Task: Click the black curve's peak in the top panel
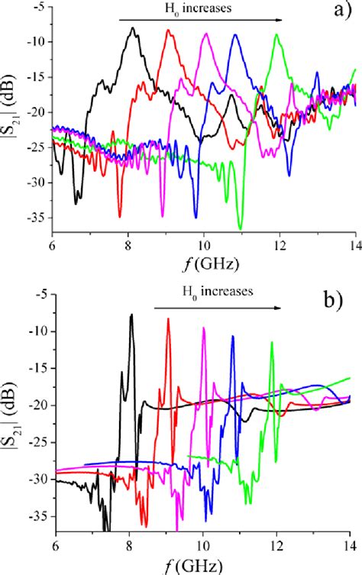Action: (134, 28)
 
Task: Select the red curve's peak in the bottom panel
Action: (168, 319)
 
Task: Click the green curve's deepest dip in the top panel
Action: (240, 228)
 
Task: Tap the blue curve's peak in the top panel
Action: (236, 35)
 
